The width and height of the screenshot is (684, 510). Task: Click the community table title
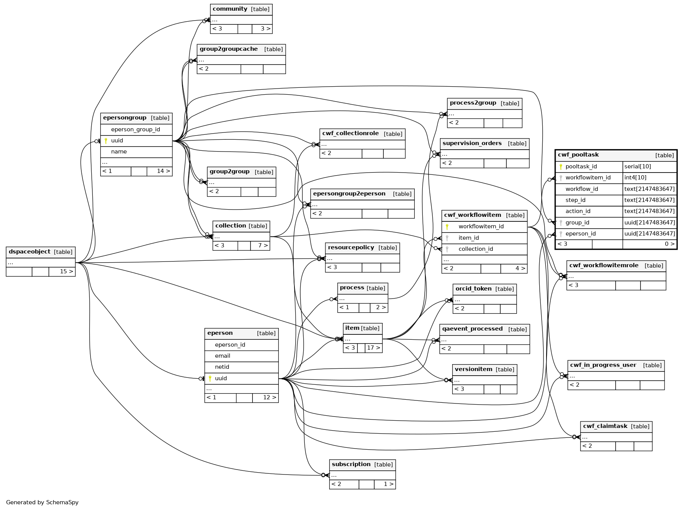230,9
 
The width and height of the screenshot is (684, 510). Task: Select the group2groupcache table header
228,49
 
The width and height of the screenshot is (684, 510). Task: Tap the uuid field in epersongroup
117,141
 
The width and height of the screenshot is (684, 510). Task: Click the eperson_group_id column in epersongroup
135,130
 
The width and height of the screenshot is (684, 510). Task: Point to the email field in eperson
222,356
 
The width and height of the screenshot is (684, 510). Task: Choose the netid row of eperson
222,367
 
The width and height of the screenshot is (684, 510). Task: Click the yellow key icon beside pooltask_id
561,167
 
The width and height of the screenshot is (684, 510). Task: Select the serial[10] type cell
637,167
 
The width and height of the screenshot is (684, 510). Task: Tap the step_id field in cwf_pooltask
575,200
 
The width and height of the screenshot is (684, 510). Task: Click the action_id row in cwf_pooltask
577,211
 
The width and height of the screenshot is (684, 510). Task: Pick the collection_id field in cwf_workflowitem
475,249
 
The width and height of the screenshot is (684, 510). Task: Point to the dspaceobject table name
29,252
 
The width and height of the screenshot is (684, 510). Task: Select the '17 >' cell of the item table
373,348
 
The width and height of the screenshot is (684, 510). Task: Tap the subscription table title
351,465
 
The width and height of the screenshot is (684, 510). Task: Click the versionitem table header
473,370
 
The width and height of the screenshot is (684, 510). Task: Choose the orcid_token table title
473,289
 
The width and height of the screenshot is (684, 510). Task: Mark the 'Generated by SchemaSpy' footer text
42,502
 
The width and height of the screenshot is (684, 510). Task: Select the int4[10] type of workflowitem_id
635,178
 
